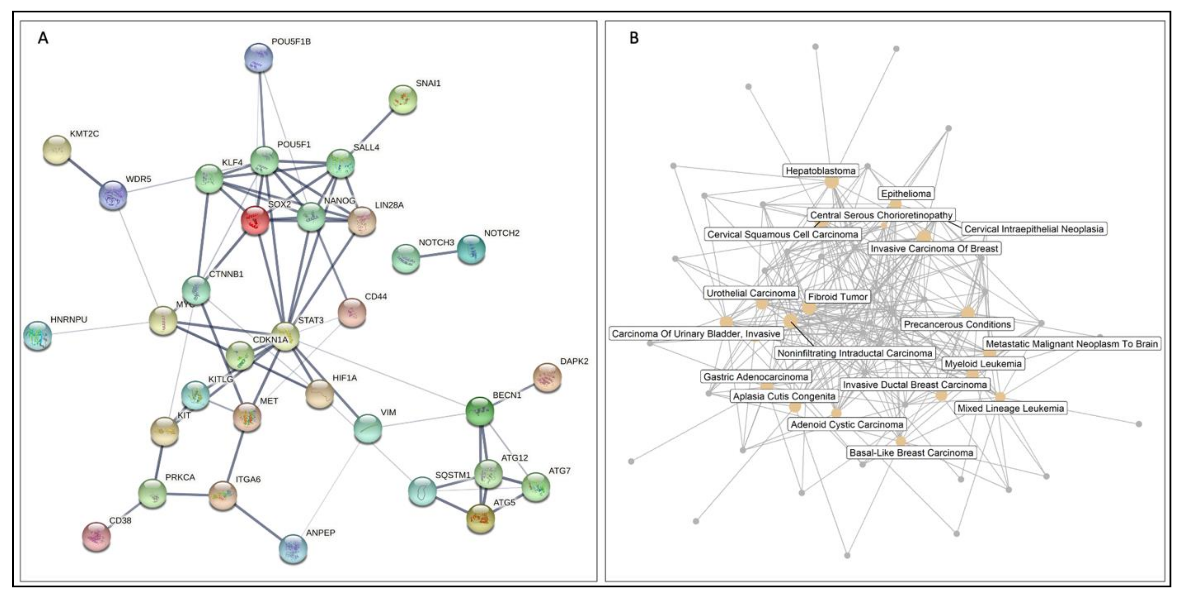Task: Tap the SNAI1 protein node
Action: [x=403, y=99]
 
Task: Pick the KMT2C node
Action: [x=57, y=150]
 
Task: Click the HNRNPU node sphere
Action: [x=38, y=336]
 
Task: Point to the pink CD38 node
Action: [x=97, y=536]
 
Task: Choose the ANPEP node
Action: [x=293, y=549]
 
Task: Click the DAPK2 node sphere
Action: [x=547, y=378]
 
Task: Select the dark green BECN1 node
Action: [x=480, y=411]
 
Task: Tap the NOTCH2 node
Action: [x=471, y=249]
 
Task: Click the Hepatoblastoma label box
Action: [x=820, y=171]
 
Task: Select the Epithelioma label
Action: [x=906, y=193]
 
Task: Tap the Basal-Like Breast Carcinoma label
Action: [x=911, y=453]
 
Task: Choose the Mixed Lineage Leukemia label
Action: [x=1010, y=408]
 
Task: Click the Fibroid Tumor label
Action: [x=838, y=297]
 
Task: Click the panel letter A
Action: [x=43, y=38]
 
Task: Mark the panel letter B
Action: [x=634, y=38]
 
